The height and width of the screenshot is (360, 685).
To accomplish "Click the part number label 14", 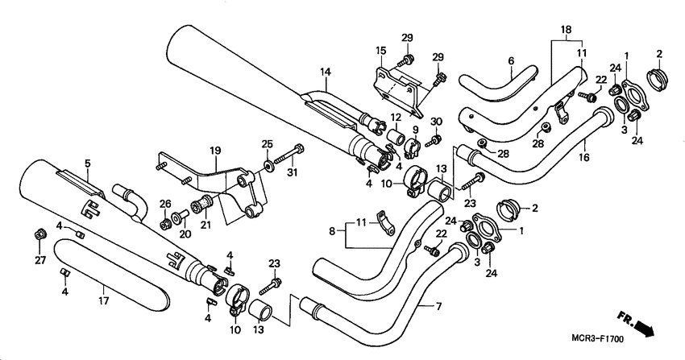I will (x=325, y=72).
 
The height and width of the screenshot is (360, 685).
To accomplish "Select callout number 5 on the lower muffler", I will (x=87, y=162).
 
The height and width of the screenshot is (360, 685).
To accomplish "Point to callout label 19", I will (x=215, y=151).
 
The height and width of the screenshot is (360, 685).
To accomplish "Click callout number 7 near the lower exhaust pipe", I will (x=439, y=307).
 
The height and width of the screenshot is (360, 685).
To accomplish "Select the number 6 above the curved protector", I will (x=510, y=60).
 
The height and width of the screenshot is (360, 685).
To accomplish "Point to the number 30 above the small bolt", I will (x=436, y=122).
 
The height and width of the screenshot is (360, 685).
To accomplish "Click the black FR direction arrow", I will (x=644, y=328).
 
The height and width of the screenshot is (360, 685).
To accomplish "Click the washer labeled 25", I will (x=266, y=171).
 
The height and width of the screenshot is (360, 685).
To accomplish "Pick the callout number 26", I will (x=166, y=203).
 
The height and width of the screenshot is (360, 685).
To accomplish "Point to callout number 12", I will (x=396, y=118).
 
